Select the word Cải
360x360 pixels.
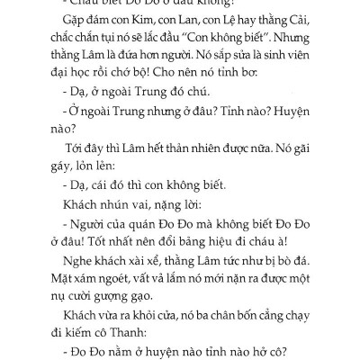point(319,20)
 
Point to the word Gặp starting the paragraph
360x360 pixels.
point(67,20)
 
